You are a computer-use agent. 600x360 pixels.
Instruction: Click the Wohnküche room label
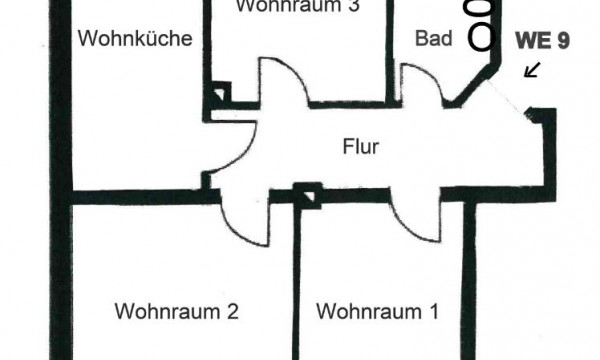point(135,39)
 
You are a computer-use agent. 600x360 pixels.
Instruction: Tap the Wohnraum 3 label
point(298,6)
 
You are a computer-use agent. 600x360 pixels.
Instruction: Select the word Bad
point(434,39)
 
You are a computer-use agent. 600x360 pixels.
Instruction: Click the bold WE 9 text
point(543,41)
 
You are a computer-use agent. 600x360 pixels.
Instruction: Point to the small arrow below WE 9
point(532,70)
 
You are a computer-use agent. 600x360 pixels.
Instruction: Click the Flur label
point(361,147)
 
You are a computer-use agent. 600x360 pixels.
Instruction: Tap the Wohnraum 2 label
point(177,311)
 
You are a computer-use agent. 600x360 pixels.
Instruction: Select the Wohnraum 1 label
point(377,311)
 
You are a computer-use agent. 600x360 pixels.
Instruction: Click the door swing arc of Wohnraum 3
point(295,72)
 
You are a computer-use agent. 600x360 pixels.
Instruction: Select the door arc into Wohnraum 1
point(409,230)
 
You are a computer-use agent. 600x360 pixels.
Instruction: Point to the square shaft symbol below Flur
point(307,196)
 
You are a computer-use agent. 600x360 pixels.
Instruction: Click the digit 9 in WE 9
point(563,41)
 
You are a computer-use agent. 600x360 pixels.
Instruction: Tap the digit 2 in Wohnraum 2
point(233,311)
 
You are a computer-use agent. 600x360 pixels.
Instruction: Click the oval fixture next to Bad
point(482,36)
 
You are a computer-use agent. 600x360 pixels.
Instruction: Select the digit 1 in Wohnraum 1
point(434,311)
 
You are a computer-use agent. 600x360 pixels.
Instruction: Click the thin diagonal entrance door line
point(505,97)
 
